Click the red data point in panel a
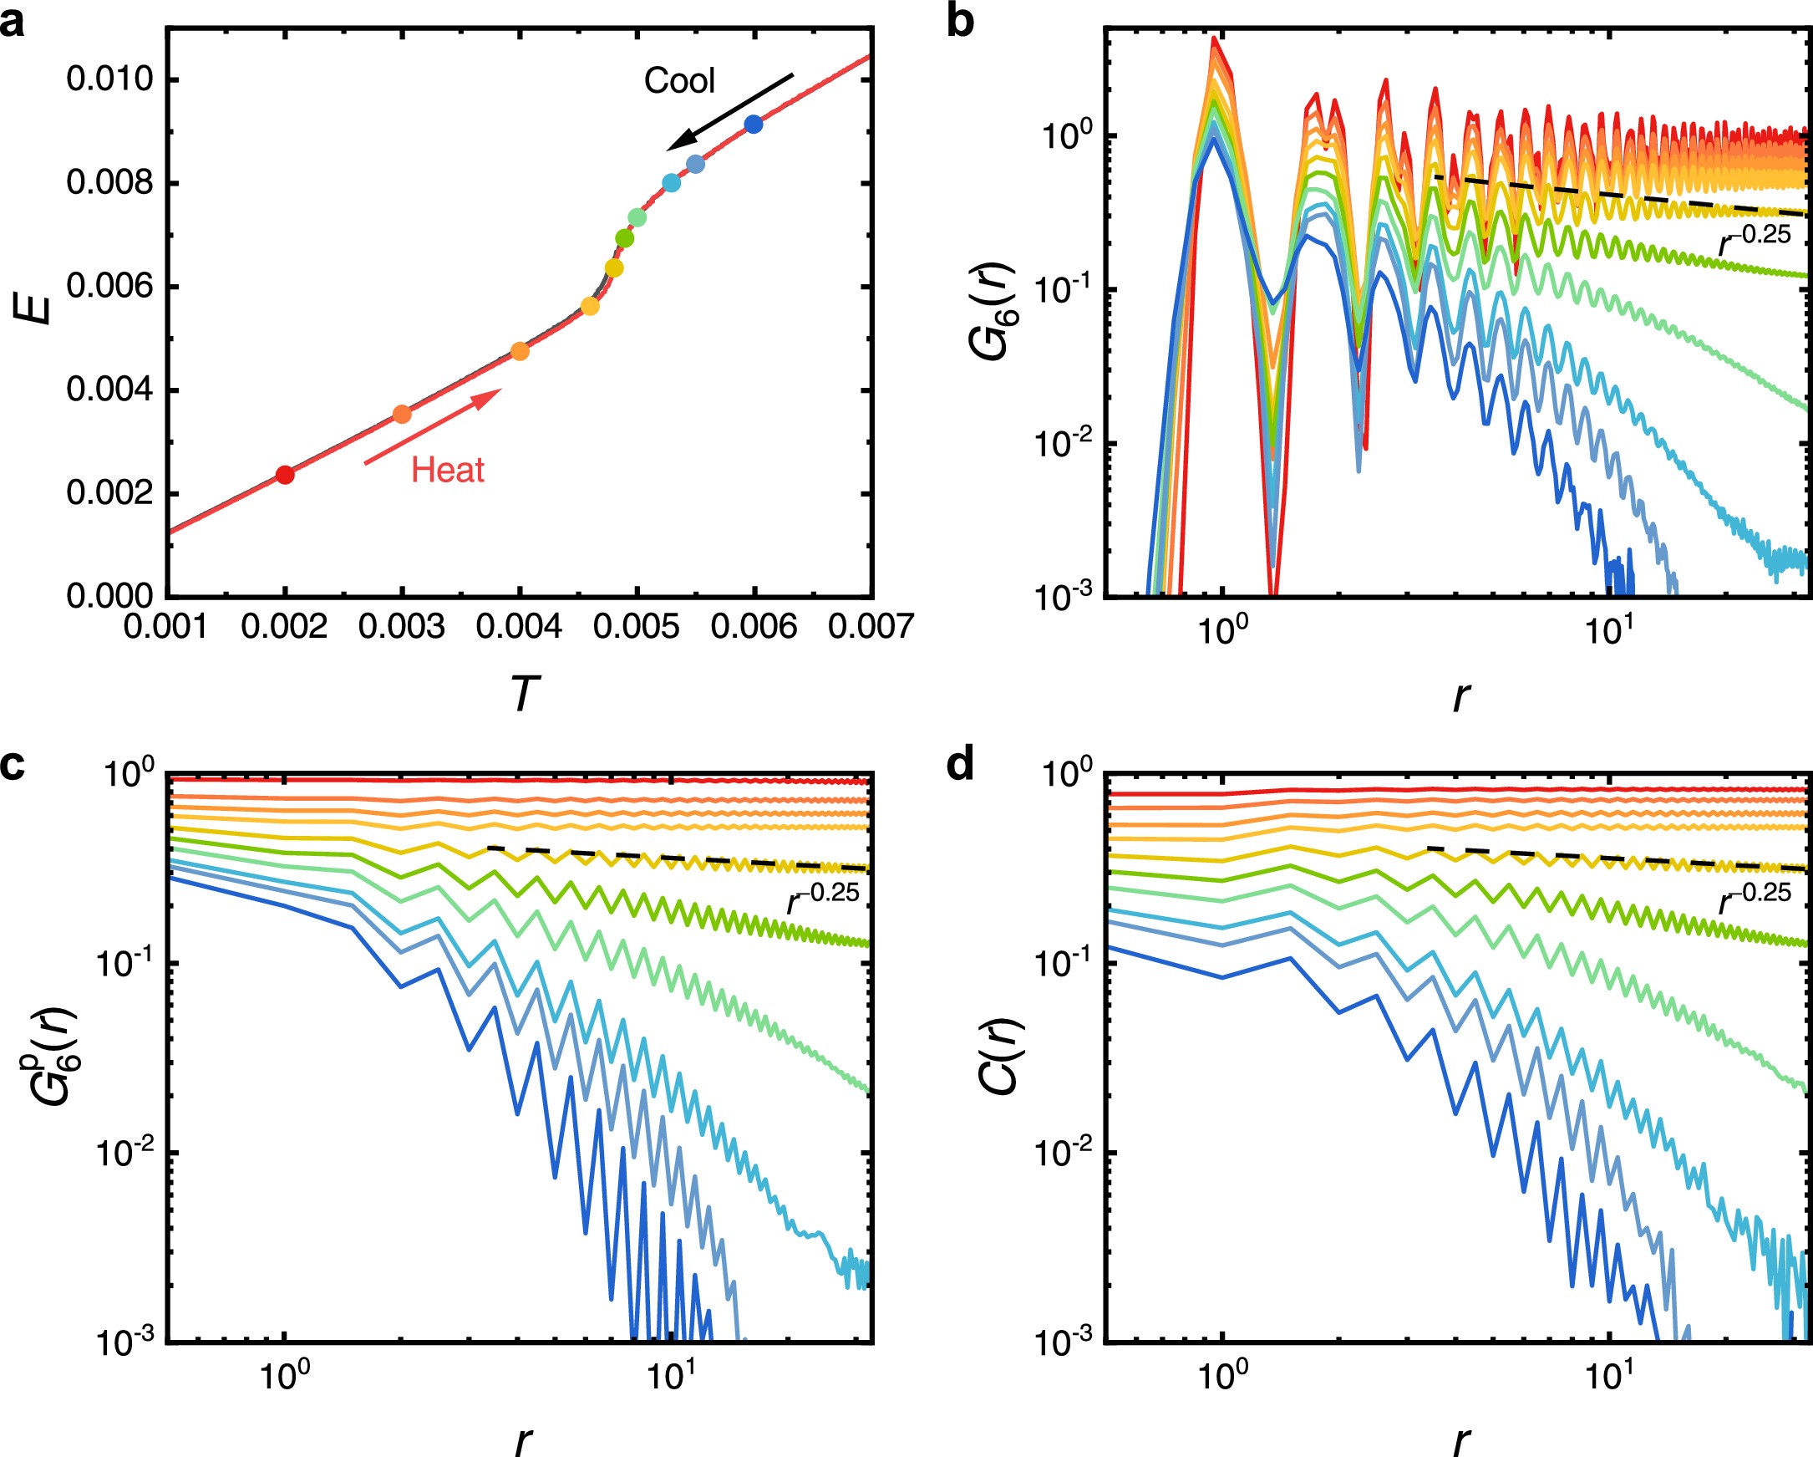coord(285,476)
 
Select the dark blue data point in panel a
coord(754,125)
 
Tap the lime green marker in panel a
coord(624,239)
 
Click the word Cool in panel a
coord(679,81)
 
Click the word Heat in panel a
coord(447,470)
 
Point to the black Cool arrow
coord(730,113)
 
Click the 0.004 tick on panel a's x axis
coord(519,627)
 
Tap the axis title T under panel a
coord(523,695)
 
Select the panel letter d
coord(960,766)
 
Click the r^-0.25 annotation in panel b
coord(1755,240)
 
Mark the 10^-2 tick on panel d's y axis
coord(1063,1152)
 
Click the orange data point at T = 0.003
coord(402,414)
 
